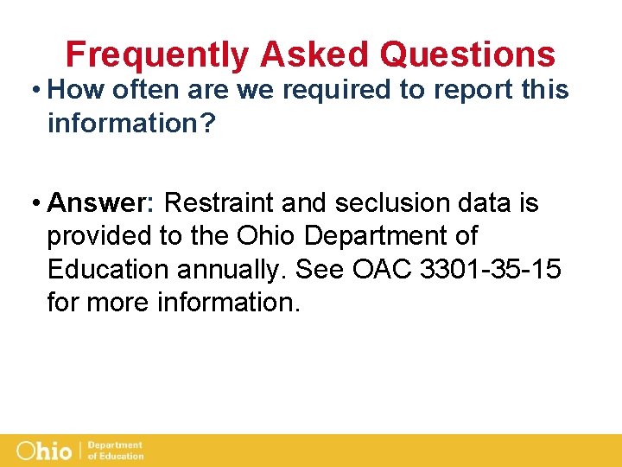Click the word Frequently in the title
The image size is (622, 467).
pyautogui.click(x=157, y=55)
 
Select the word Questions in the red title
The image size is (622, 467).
pyautogui.click(x=467, y=55)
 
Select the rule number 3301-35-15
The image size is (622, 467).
pyautogui.click(x=490, y=270)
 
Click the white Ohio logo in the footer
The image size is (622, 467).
pyautogui.click(x=46, y=451)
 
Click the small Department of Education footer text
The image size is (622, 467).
pyautogui.click(x=116, y=451)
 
